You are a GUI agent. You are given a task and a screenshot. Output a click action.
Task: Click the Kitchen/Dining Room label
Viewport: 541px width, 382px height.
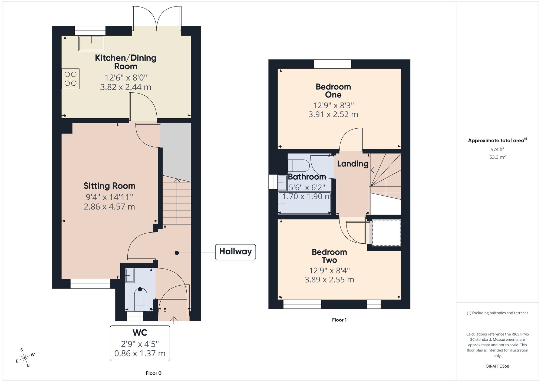(x=126, y=62)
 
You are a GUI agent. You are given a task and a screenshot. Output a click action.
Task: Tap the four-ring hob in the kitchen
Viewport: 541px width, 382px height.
(x=70, y=79)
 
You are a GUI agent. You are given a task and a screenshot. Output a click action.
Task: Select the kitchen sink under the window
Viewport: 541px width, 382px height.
(x=91, y=43)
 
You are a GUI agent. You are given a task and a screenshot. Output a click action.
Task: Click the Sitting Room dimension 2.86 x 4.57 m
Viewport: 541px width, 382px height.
(x=109, y=207)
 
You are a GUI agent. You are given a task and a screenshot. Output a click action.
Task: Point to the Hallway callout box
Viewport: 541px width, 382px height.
(x=235, y=252)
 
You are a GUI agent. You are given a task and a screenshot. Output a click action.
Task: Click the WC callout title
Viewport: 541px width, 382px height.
(x=140, y=333)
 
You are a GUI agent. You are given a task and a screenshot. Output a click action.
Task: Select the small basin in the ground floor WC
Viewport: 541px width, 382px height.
(x=130, y=275)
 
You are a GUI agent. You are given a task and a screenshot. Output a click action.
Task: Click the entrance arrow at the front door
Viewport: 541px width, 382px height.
(x=173, y=320)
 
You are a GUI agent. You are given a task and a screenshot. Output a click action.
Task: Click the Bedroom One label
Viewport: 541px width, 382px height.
(x=333, y=91)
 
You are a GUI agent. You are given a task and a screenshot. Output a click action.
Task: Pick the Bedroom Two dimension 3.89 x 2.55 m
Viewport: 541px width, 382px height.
(x=329, y=280)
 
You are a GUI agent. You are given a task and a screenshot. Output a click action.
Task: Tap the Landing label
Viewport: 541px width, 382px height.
(x=352, y=164)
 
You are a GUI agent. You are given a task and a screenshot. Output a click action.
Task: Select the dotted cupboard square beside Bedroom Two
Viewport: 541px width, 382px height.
(x=386, y=233)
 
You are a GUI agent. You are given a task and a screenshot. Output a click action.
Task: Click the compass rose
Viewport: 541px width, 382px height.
(x=25, y=358)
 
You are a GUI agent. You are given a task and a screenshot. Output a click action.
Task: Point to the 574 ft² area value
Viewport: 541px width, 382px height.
(x=497, y=149)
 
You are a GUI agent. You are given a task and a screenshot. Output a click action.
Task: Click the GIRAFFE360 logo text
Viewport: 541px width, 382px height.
(x=497, y=366)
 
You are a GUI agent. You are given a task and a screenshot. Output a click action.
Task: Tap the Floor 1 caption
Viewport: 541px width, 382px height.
(x=339, y=320)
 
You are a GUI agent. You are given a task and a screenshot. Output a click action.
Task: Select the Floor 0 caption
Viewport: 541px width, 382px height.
(x=153, y=373)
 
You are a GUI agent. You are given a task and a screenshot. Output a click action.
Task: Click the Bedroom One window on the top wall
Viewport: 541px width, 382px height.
(x=332, y=64)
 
